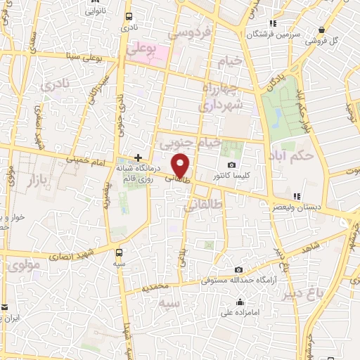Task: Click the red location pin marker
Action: tap(182, 165)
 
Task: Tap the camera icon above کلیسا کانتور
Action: tap(231, 165)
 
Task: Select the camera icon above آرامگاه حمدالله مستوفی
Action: tap(239, 270)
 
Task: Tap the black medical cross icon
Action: tap(139, 158)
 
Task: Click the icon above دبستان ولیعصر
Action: tap(296, 196)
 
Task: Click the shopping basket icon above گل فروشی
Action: tap(321, 30)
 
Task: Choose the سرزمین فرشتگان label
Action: tap(275, 33)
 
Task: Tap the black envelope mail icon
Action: tap(4, 307)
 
